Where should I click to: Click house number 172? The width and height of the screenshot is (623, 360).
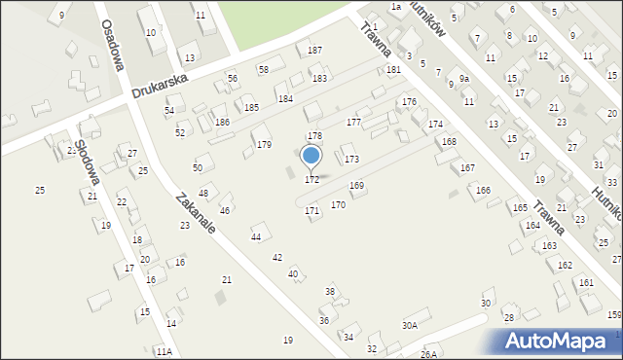tap(311, 180)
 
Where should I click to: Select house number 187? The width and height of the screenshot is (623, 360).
tap(314, 50)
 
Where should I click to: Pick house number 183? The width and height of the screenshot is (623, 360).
tap(319, 78)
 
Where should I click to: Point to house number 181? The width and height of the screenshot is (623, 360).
tap(393, 70)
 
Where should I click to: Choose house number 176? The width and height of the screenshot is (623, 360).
tap(409, 102)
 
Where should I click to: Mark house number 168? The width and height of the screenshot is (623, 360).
tap(449, 142)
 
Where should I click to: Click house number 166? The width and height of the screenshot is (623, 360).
tap(483, 190)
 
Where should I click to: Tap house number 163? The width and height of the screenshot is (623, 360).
tap(550, 246)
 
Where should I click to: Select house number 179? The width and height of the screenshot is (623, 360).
tap(264, 145)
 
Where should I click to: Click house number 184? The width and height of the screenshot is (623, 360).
tap(285, 99)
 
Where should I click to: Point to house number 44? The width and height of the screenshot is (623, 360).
tap(256, 236)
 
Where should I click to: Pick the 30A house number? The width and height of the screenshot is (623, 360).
tap(410, 325)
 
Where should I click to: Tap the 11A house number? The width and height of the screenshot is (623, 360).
tap(164, 351)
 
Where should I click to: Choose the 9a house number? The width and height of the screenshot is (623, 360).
tap(464, 79)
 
